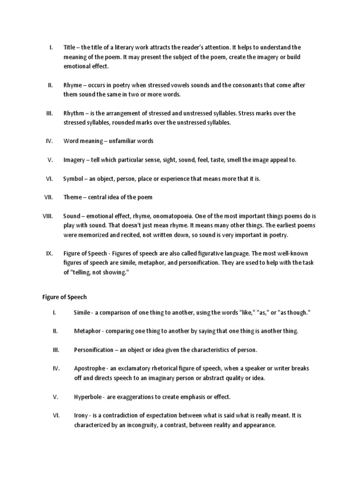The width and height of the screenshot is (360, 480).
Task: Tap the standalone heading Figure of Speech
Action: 62,297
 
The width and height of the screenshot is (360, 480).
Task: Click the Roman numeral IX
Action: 49,253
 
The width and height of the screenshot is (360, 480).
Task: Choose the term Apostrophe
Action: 90,368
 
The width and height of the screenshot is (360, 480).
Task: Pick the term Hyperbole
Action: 88,397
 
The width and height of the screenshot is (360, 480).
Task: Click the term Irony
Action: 81,415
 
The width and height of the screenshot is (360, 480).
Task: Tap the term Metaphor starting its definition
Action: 88,331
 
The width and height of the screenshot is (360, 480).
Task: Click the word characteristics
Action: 202,350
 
